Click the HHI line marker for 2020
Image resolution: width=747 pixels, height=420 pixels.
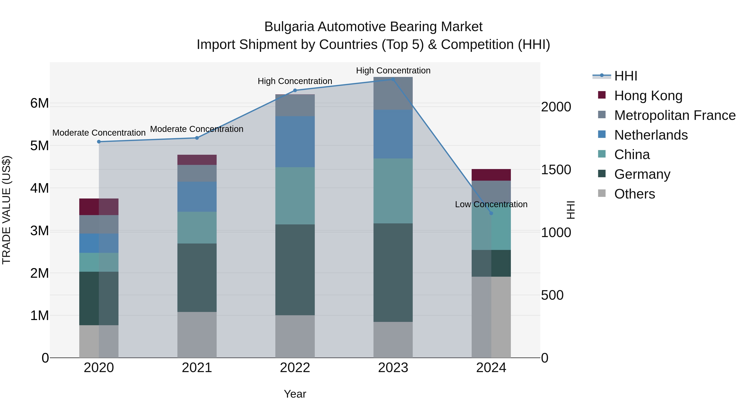click(99, 142)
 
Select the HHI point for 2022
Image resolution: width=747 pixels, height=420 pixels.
click(295, 90)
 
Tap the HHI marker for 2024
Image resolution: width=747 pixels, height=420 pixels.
click(491, 213)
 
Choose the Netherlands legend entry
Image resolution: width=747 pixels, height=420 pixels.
click(651, 135)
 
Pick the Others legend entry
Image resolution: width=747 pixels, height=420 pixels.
click(635, 194)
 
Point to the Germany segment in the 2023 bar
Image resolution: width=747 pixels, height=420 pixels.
click(393, 273)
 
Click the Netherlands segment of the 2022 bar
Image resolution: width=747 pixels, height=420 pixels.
click(295, 142)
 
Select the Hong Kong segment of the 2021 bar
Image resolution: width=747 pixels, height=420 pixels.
click(197, 160)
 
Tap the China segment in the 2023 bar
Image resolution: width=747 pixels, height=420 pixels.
click(393, 191)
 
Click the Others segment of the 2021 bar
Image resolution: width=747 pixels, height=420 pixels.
click(197, 335)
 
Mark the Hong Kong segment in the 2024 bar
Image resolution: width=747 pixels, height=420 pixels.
click(491, 175)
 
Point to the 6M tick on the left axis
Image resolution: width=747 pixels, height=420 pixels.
click(39, 103)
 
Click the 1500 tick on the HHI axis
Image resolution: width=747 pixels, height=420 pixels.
click(556, 170)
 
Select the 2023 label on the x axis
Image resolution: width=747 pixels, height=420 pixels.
click(393, 368)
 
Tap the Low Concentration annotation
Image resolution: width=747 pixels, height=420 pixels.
click(491, 204)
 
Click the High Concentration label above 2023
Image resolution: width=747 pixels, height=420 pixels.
click(393, 71)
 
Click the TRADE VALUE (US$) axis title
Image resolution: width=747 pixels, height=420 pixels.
click(6, 210)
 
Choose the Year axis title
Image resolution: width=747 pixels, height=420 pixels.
click(295, 394)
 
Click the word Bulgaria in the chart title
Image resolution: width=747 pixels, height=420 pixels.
click(289, 27)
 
